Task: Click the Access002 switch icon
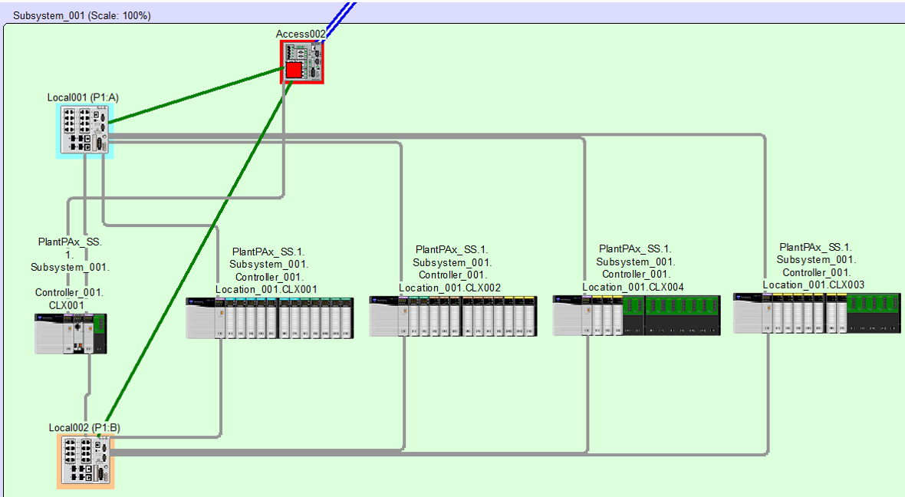(302, 62)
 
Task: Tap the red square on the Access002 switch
(295, 71)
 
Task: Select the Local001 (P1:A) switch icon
(85, 131)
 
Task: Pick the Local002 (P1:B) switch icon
(85, 462)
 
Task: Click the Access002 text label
(301, 34)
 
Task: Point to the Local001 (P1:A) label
(83, 97)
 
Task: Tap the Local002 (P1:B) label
(84, 428)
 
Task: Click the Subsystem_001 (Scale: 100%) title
(82, 15)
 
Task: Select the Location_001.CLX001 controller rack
(269, 318)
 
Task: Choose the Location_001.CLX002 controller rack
(453, 316)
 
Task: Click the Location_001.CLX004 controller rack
(637, 315)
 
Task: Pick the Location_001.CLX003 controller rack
(817, 313)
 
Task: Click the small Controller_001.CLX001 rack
(71, 334)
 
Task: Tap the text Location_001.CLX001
(266, 290)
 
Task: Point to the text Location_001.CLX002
(449, 288)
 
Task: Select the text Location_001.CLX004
(633, 288)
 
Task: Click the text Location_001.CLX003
(814, 285)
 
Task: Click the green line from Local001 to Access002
(196, 95)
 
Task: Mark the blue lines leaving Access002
(339, 22)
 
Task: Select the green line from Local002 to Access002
(196, 258)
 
